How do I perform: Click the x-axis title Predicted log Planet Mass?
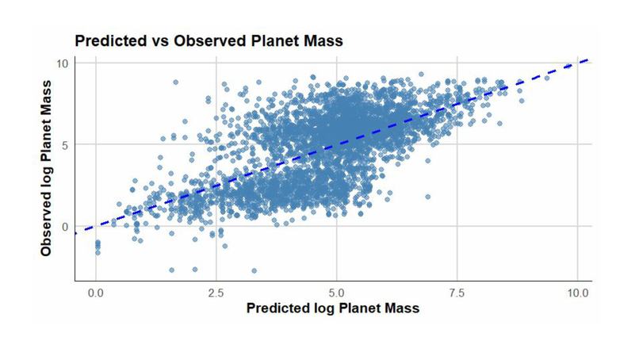click(333, 308)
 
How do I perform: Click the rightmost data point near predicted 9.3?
click(546, 78)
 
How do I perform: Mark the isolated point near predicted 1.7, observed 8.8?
click(175, 82)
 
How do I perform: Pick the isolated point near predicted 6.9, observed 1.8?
click(428, 197)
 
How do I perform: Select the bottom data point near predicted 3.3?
click(254, 270)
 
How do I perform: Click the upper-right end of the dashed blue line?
click(587, 59)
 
